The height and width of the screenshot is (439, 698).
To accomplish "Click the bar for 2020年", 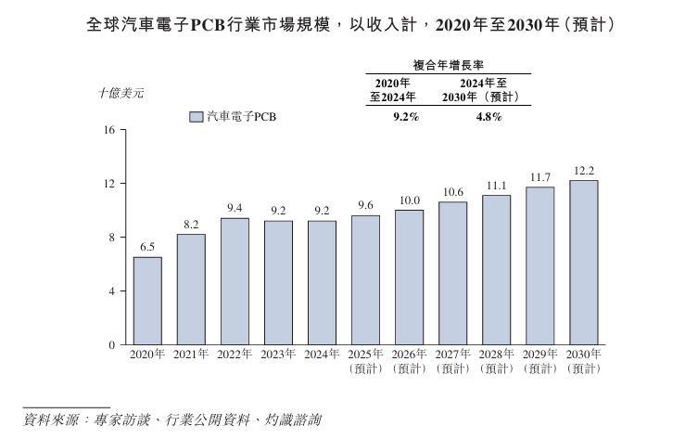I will (147, 301).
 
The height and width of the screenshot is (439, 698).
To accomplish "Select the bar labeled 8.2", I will (191, 289).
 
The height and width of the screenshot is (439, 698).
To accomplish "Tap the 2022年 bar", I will (235, 281).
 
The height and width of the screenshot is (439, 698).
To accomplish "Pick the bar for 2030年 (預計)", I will (583, 263).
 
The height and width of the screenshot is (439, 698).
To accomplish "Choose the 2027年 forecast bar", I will (452, 273).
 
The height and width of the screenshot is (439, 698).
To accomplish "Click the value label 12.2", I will (583, 171).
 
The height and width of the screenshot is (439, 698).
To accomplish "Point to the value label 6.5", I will (147, 248).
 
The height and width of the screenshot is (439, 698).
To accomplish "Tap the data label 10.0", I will (409, 200).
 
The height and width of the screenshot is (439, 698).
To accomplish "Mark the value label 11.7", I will (539, 177).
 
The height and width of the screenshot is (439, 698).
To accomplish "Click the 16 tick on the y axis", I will (108, 130).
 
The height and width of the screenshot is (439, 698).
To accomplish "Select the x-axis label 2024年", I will (322, 355).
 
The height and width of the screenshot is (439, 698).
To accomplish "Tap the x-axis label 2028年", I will (496, 355).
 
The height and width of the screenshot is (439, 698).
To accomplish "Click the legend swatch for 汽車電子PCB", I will (196, 118).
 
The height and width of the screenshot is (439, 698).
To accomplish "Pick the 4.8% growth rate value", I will (488, 117).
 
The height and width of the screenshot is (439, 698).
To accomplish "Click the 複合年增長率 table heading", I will (449, 65).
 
